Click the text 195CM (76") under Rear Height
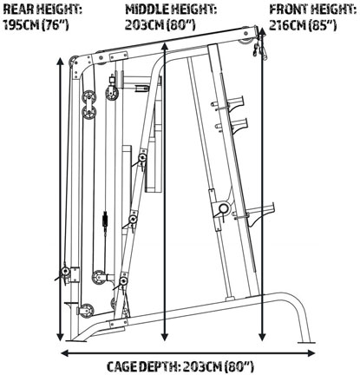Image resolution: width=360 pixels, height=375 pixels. click(x=36, y=25)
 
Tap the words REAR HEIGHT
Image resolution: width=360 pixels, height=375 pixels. click(x=43, y=10)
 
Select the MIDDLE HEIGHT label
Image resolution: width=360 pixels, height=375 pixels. click(x=171, y=10)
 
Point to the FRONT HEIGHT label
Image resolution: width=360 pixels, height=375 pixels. click(x=313, y=10)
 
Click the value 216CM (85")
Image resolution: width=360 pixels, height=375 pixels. click(x=303, y=25)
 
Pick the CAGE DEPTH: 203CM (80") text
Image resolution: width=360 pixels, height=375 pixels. click(x=180, y=366)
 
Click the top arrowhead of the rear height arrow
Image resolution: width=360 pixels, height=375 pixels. click(x=60, y=62)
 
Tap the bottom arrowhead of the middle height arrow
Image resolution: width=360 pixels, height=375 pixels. click(x=165, y=337)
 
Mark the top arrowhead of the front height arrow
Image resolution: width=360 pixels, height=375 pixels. click(x=262, y=31)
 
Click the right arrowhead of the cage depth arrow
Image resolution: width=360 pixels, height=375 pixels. click(x=311, y=353)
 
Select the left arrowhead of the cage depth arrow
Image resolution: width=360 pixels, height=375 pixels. click(x=65, y=353)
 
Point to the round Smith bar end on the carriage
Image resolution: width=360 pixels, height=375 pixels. click(x=223, y=208)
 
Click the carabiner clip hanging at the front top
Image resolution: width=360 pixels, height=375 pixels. click(x=259, y=49)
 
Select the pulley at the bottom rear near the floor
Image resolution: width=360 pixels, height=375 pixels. click(x=87, y=310)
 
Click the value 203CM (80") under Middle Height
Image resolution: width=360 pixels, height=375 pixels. click(x=160, y=25)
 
